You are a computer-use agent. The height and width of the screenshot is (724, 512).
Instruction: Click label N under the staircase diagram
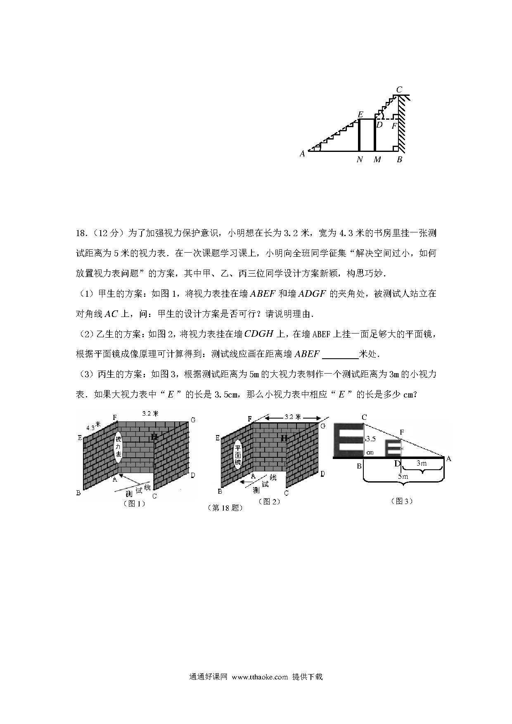click(x=360, y=159)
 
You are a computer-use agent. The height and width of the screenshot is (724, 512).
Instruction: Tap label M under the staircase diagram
click(x=377, y=159)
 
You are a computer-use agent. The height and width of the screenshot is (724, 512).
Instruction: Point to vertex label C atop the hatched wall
click(x=399, y=90)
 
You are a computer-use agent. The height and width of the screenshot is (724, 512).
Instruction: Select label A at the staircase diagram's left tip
click(x=302, y=154)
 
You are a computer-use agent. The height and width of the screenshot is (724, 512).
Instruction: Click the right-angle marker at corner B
click(x=395, y=149)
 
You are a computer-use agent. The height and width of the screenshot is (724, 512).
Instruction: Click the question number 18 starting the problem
click(x=80, y=233)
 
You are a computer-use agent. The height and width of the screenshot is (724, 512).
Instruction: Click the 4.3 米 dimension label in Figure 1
click(x=93, y=426)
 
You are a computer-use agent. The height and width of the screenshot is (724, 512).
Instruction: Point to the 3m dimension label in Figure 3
click(x=421, y=463)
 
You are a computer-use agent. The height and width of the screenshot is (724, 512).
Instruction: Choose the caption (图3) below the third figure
click(x=401, y=501)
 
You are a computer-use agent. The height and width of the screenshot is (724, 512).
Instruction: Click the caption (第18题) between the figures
click(x=225, y=508)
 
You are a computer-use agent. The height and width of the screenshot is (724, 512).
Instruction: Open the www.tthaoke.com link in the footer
click(x=260, y=677)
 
